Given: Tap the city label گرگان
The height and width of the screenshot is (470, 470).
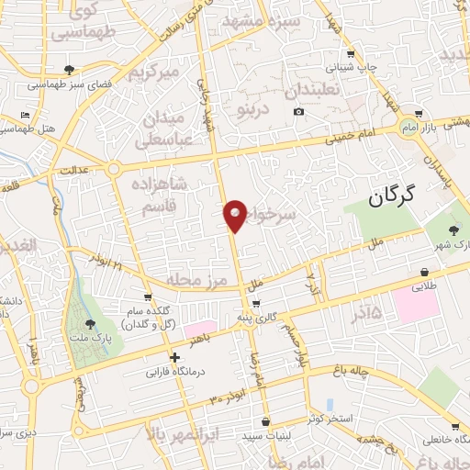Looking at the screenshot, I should (392, 195).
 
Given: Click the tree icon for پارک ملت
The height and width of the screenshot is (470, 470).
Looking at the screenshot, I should (90, 324).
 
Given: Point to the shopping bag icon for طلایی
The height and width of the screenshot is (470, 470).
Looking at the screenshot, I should (425, 272).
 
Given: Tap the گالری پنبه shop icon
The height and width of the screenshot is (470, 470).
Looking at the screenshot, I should (256, 304).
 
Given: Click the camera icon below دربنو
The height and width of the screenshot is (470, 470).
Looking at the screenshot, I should (298, 112).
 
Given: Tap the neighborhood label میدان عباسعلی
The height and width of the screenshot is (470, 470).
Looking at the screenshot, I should (167, 129).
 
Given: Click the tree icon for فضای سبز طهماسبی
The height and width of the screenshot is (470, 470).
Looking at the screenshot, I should (69, 70).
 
